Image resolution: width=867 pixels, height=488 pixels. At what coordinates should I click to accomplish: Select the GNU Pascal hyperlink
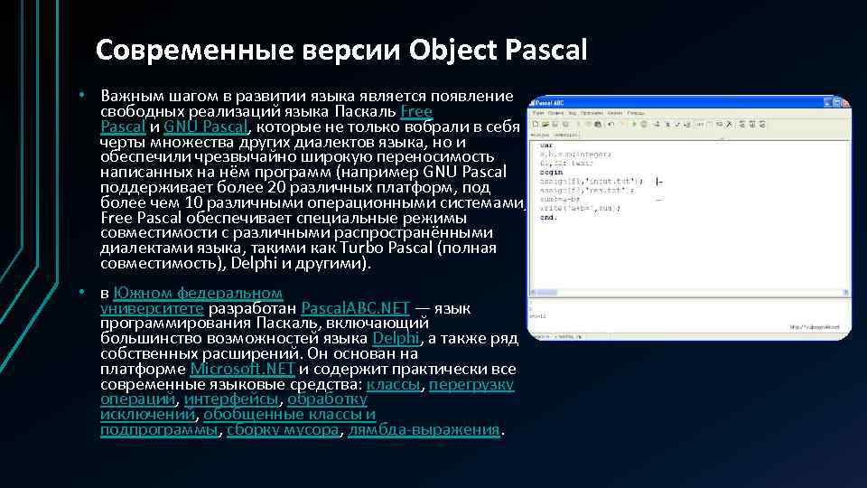point(206,127)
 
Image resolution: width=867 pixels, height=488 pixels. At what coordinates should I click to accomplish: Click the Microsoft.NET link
point(243,369)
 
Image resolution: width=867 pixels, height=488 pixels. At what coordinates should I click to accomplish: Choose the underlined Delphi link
point(396,338)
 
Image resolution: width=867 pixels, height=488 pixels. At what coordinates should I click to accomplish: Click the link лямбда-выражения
point(424,430)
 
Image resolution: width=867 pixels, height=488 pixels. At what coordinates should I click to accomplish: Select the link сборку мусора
point(283,430)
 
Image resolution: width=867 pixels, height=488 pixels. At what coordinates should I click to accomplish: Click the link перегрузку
point(471,384)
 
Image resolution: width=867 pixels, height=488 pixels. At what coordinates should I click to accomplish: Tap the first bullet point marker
point(80,94)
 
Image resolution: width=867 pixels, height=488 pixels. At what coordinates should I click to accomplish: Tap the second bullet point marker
point(80,293)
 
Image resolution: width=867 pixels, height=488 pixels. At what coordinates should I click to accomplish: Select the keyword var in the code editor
point(545,145)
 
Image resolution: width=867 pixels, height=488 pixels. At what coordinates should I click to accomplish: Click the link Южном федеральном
point(198,293)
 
